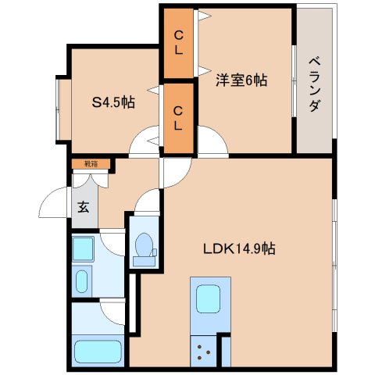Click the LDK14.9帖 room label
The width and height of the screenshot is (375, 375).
click(239, 248)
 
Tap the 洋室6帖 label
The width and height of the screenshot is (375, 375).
click(241, 80)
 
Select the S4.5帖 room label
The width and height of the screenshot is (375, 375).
click(113, 102)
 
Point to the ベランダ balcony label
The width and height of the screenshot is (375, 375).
click(315, 84)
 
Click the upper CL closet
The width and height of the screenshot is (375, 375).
click(178, 43)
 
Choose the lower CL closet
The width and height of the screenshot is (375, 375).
click(178, 119)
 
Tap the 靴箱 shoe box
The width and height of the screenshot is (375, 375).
click(91, 164)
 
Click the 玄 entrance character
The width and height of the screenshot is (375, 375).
click(84, 207)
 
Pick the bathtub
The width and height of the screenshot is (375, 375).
click(98, 352)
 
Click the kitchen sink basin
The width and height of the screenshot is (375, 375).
click(208, 298)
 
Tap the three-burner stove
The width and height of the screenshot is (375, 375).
click(204, 352)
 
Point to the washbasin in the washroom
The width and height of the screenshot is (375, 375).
click(81, 281)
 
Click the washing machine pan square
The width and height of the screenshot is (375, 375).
click(83, 248)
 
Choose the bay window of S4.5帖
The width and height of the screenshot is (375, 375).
click(63, 109)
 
